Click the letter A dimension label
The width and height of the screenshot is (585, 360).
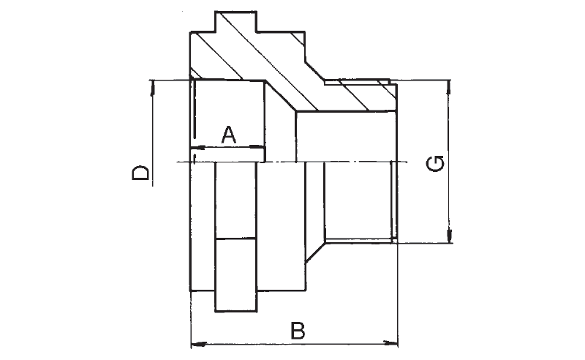point(229,135)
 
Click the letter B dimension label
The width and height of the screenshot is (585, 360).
point(298,331)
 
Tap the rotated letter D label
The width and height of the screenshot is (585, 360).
point(140,173)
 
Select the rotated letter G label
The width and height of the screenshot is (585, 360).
point(435,163)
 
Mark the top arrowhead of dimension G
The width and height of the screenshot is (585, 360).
point(449,87)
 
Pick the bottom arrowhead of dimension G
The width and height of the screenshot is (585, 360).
point(450,236)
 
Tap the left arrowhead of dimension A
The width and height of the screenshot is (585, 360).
point(198,148)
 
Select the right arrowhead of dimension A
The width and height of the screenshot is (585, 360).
point(257,147)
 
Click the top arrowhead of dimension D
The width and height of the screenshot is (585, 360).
point(152,88)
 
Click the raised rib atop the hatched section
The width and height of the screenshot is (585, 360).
point(235,22)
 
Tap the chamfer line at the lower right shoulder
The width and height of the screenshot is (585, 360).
point(315,252)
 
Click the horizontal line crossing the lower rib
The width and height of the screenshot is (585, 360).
point(235,239)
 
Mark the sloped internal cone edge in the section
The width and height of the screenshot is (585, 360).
point(281,96)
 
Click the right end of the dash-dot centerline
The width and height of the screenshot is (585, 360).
point(407,162)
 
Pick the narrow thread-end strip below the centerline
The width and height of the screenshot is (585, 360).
point(393,202)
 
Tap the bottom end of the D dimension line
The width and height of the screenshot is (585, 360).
point(152,186)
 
